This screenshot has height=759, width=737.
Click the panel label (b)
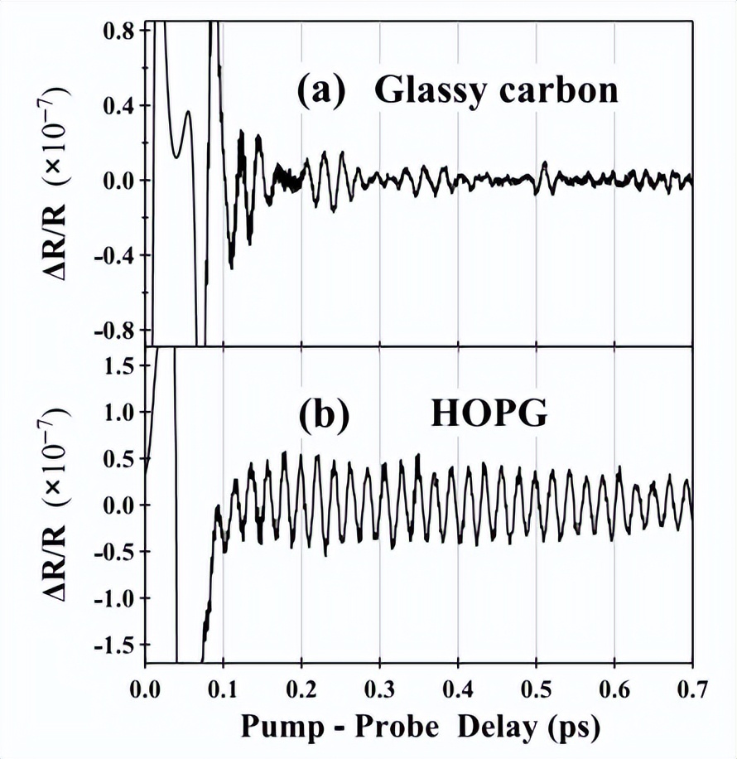pos(320,413)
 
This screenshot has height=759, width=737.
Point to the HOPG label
pos(489,413)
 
